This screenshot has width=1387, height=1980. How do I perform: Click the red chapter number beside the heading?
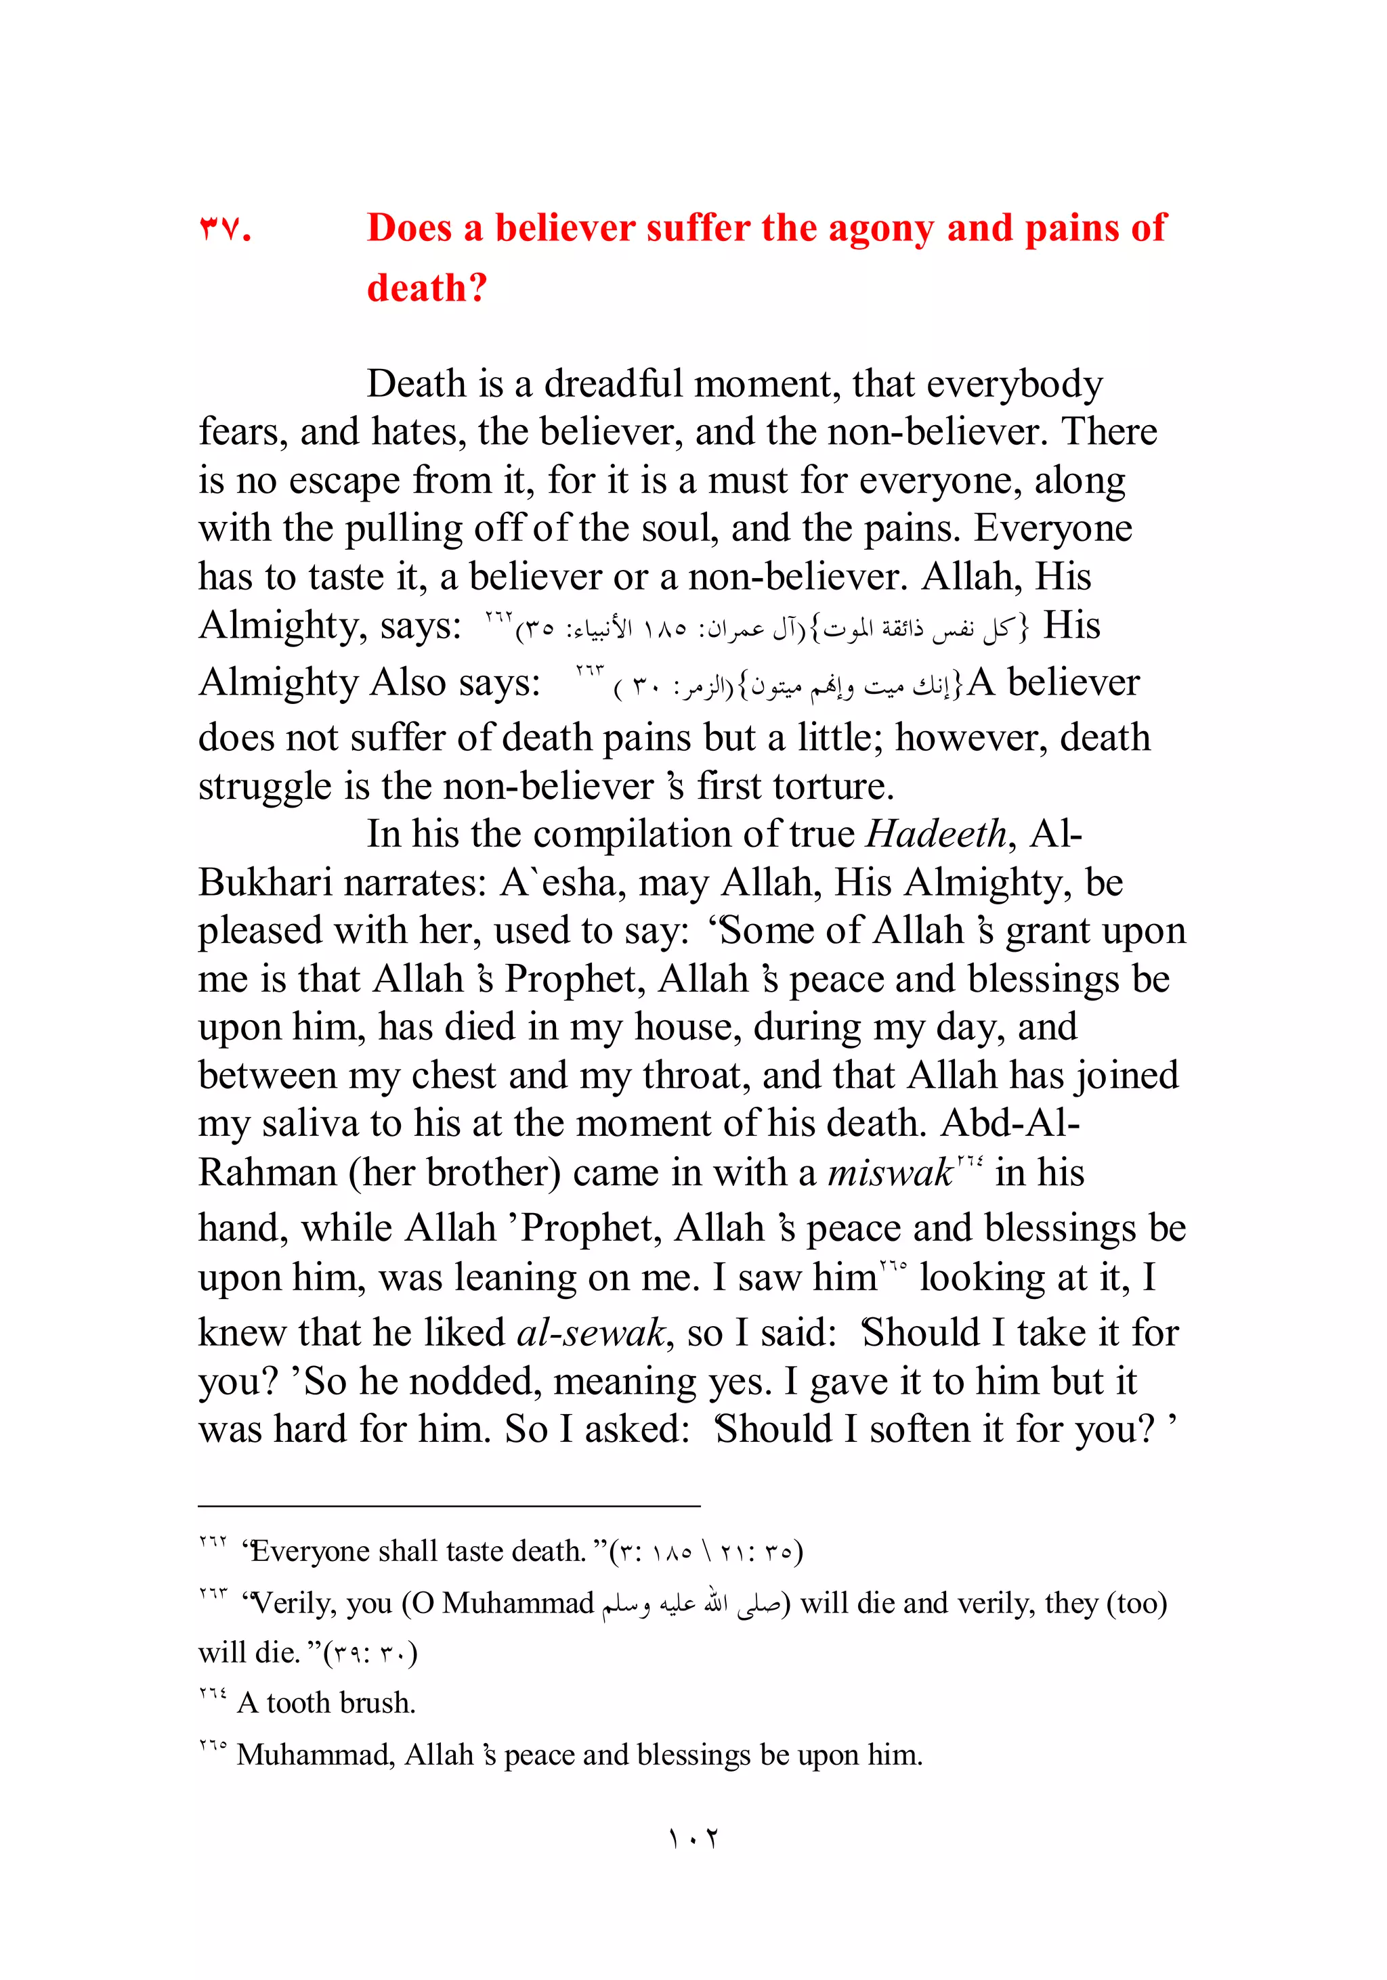click(224, 229)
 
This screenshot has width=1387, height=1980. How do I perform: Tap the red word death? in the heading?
click(427, 288)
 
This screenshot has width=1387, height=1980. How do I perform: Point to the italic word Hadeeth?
click(935, 835)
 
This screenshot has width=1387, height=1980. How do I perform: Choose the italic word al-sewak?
click(591, 1334)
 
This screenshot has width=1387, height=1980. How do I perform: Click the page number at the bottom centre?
click(693, 1839)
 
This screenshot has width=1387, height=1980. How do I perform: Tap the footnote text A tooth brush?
click(328, 1703)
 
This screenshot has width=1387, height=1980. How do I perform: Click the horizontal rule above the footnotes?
click(448, 1507)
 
